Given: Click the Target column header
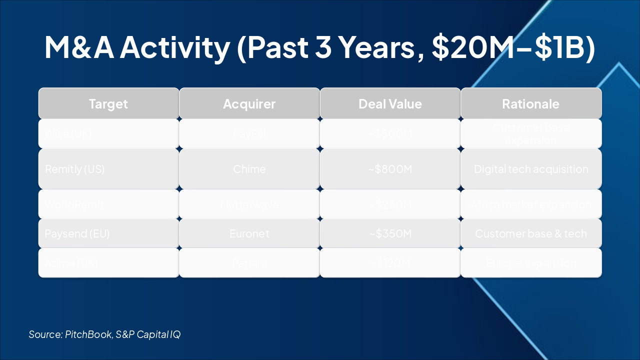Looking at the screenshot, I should [x=108, y=104].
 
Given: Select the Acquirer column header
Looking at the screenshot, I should [x=249, y=104].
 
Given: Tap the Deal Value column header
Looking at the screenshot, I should [x=390, y=104].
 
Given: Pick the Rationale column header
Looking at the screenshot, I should [x=530, y=104].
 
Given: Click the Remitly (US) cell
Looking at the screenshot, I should [x=74, y=169].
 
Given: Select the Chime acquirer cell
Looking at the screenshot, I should [x=249, y=169].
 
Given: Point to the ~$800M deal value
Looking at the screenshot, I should [x=390, y=169].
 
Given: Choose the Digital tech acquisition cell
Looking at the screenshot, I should [x=530, y=169].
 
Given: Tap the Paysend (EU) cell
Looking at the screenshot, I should [x=77, y=233].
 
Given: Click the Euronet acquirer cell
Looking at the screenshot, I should [x=249, y=233].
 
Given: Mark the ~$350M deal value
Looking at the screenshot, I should [x=390, y=233].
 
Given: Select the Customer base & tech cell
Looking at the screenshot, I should [x=530, y=233].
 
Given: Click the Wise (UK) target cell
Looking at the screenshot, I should [x=68, y=133].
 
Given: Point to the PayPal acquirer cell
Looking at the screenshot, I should [x=249, y=133].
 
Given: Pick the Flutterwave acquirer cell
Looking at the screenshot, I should [x=249, y=204].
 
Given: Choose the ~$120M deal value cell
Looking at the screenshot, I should [x=390, y=263].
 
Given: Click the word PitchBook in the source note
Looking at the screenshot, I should [x=88, y=334].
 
